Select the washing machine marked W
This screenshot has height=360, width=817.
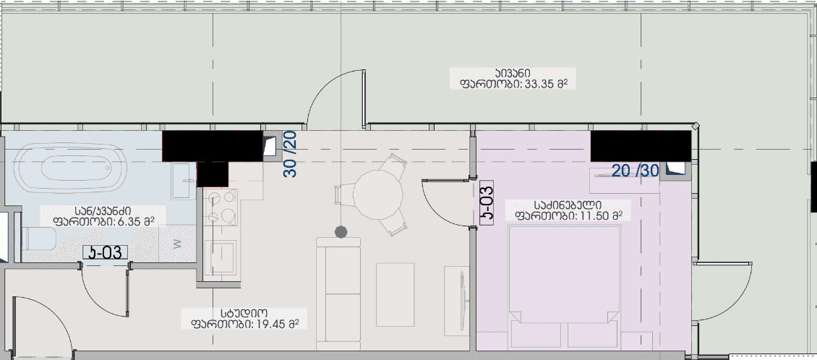[x=178, y=244]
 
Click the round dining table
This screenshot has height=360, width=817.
[x=377, y=194]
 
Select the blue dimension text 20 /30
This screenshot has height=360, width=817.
[x=635, y=171]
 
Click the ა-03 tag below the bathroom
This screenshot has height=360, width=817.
[x=106, y=252]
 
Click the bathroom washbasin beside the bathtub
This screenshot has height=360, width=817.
[x=181, y=176]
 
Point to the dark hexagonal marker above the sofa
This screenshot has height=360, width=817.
[x=340, y=231]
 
